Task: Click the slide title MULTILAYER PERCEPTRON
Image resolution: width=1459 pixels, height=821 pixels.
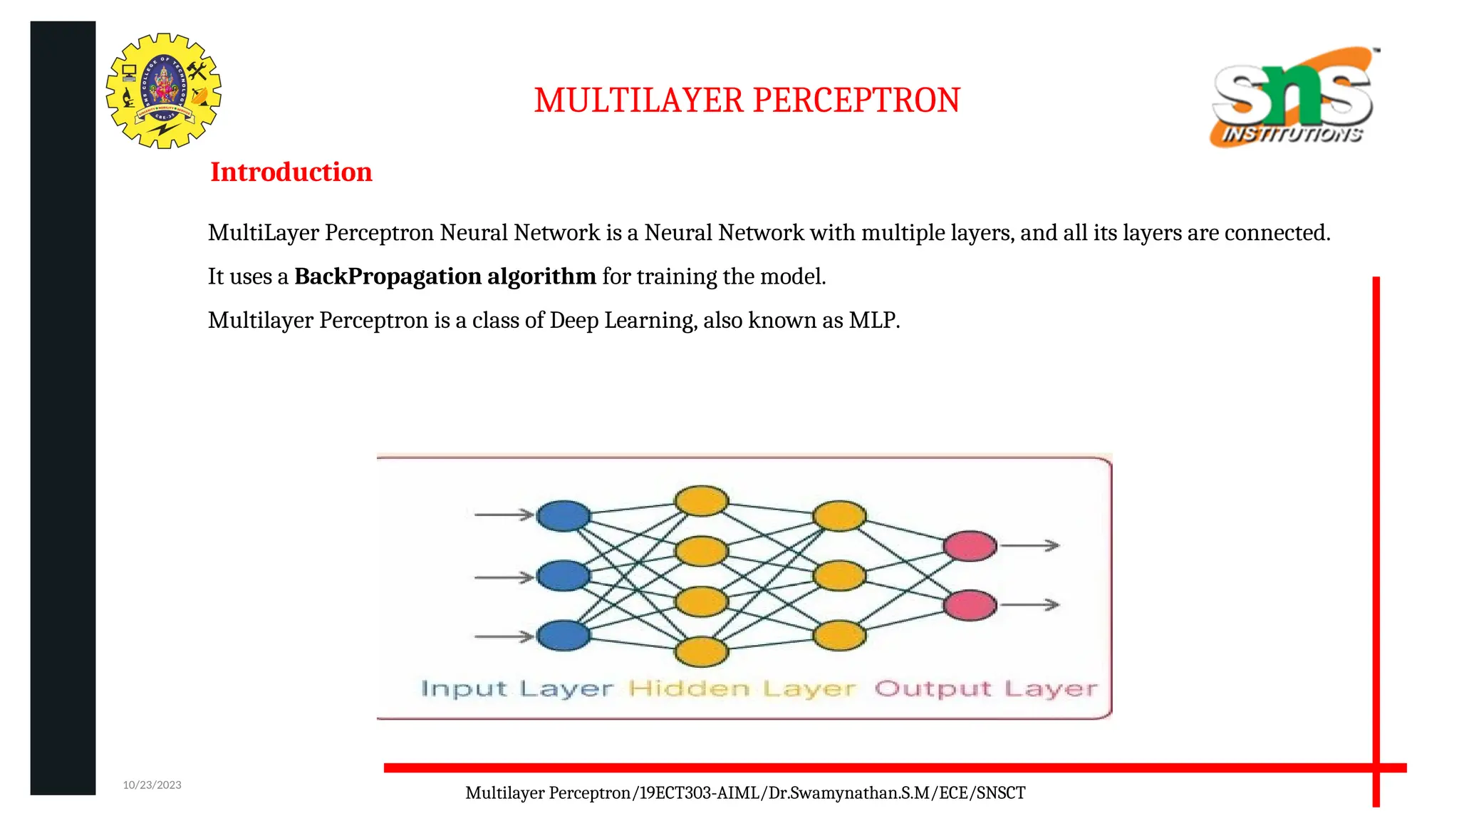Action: coord(747,100)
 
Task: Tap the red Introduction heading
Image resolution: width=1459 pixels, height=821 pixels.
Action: coord(291,172)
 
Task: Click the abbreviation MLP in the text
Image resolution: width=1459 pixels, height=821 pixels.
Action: coord(873,321)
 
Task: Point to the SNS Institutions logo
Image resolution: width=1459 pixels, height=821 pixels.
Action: coord(1292,98)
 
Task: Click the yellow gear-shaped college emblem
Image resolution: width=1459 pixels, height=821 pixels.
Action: coord(164,91)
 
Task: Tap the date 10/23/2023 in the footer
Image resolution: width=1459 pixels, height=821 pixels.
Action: coord(152,785)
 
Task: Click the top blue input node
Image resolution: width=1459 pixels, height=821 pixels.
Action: coord(563,516)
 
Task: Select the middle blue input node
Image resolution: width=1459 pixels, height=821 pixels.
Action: coord(563,576)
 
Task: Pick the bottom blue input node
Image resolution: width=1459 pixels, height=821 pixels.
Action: coord(563,636)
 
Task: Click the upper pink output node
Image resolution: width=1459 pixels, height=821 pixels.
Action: coord(970,547)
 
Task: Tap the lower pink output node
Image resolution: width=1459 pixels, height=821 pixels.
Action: coord(970,605)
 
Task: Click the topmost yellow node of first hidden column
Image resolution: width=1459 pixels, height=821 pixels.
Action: coord(702,500)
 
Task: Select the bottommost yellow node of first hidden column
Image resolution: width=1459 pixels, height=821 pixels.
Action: coord(702,651)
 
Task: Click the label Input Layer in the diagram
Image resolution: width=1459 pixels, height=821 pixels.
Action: coord(516,689)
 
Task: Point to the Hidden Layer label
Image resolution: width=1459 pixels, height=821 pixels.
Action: coord(742,689)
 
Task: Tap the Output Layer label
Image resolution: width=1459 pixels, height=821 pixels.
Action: coord(986,689)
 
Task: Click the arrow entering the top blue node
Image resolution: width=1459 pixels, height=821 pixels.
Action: coord(504,515)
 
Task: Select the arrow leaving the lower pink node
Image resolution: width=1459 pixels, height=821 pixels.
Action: coord(1029,605)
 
